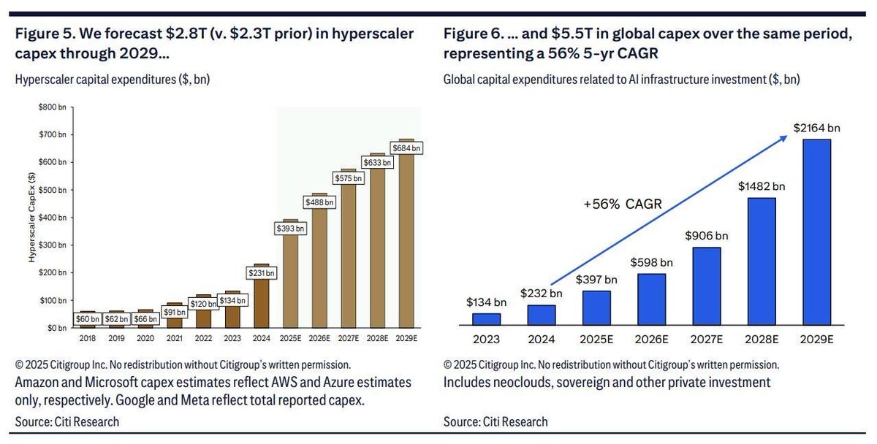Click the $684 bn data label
click(407, 148)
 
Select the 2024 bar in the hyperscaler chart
click(262, 299)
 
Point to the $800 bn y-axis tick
click(53, 107)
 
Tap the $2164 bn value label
click(817, 128)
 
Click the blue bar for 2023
click(486, 318)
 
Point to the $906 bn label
click(707, 236)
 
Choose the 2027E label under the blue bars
click(707, 339)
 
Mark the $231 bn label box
click(262, 273)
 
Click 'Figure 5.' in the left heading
click(39, 34)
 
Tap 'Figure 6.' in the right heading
click(468, 34)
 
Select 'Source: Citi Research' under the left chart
click(67, 421)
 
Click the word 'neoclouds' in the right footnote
click(520, 382)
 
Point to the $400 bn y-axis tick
click(53, 218)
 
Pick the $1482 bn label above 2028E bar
click(762, 185)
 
